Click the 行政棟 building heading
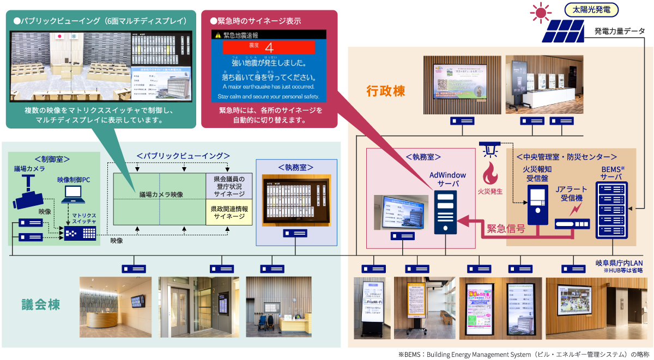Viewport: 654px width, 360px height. (x=385, y=91)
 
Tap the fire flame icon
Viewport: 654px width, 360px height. (x=489, y=173)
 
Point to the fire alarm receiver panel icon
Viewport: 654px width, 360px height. (x=537, y=202)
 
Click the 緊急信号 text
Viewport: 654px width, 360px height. (x=506, y=229)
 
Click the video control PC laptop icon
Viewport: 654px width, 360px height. (x=72, y=195)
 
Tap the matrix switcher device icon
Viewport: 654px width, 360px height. (x=80, y=233)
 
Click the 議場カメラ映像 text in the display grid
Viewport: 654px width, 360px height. (x=161, y=194)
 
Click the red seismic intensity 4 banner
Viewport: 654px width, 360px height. (x=269, y=46)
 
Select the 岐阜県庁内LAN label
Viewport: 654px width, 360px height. (x=619, y=263)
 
